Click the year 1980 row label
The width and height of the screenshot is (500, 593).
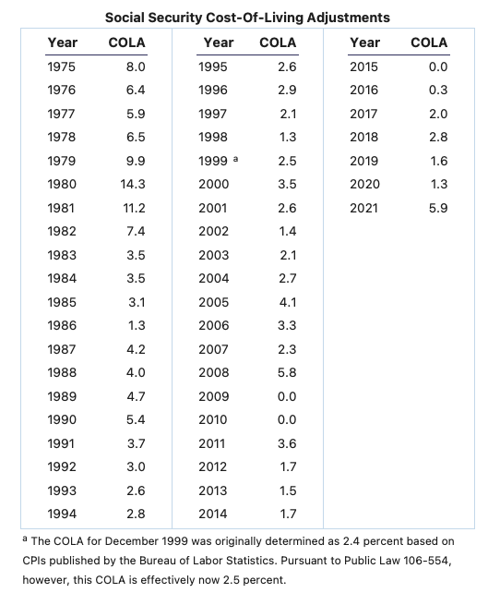(62, 184)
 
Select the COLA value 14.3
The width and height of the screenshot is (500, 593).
(133, 184)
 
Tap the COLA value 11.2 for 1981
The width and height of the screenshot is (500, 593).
(134, 208)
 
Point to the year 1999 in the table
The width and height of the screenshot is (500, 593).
(213, 161)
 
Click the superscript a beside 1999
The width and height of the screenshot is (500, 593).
(235, 159)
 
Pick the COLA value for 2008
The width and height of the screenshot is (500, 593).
(287, 372)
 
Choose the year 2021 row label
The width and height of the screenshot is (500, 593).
(363, 208)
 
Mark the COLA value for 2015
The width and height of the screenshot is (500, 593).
(438, 67)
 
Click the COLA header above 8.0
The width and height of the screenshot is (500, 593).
(127, 42)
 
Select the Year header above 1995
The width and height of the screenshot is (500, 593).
(219, 42)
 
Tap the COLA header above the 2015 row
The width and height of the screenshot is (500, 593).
(429, 42)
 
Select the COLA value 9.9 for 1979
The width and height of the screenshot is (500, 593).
(136, 161)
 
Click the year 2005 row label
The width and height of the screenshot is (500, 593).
(214, 302)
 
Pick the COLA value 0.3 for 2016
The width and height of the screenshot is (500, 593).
(438, 90)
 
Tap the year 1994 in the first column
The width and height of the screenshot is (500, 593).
(62, 514)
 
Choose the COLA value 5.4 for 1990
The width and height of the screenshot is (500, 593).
(136, 419)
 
